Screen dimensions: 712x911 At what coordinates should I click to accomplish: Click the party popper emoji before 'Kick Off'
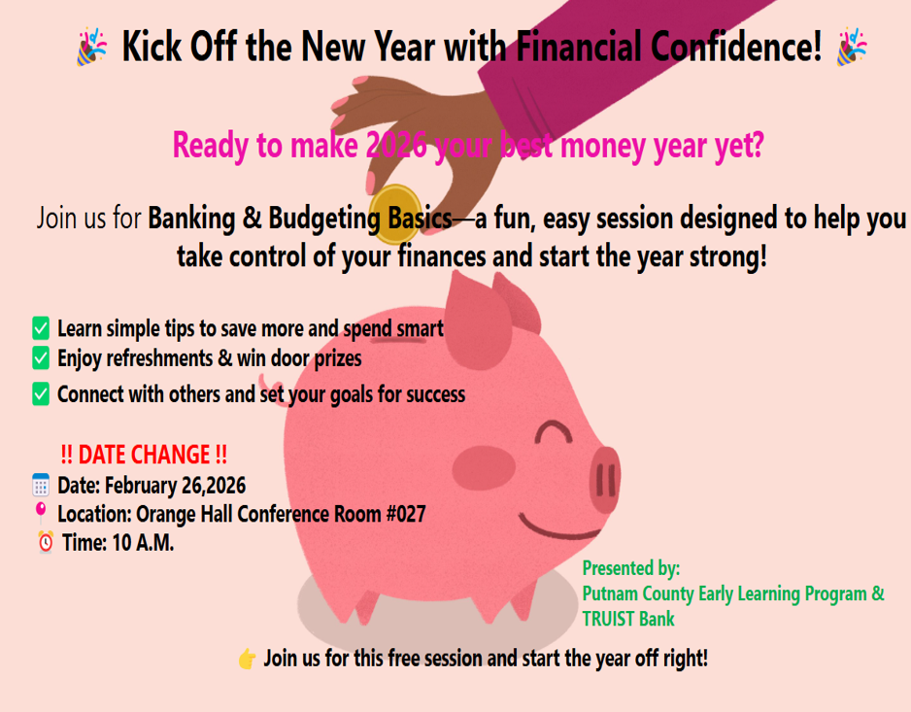point(92,47)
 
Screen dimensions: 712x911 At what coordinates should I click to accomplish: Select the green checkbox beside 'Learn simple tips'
point(41,327)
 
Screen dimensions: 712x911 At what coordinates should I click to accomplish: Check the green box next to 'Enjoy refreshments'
point(41,358)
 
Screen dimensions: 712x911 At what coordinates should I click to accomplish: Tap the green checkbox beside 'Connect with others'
point(41,393)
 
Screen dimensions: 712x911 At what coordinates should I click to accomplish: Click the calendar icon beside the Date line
point(41,485)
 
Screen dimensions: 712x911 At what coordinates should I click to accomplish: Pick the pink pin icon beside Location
point(41,512)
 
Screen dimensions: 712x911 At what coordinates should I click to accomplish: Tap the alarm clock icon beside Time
point(45,542)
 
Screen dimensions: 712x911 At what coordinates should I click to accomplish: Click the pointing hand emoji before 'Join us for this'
point(247,660)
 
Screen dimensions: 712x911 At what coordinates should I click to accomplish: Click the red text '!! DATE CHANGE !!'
point(144,455)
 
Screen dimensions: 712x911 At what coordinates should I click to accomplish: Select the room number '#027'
point(405,514)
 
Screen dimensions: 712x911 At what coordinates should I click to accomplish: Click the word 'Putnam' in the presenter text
point(610,593)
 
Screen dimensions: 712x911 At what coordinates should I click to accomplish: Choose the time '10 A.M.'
point(143,543)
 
